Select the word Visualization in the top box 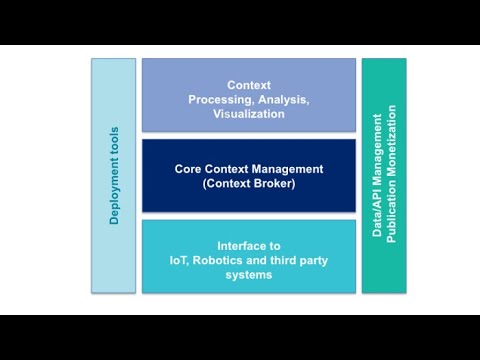click(x=249, y=114)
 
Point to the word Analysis click(x=283, y=99)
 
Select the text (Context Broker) click(x=249, y=184)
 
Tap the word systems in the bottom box click(x=249, y=275)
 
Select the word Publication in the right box click(x=392, y=211)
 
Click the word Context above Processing click(x=249, y=85)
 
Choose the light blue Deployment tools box click(x=114, y=250)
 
